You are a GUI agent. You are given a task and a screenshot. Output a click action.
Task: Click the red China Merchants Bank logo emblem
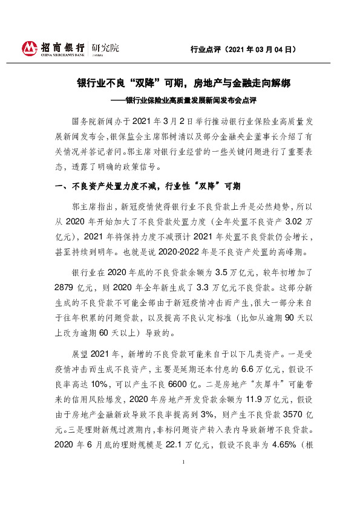(x=30, y=48)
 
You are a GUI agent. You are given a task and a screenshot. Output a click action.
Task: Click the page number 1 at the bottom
(x=182, y=478)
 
